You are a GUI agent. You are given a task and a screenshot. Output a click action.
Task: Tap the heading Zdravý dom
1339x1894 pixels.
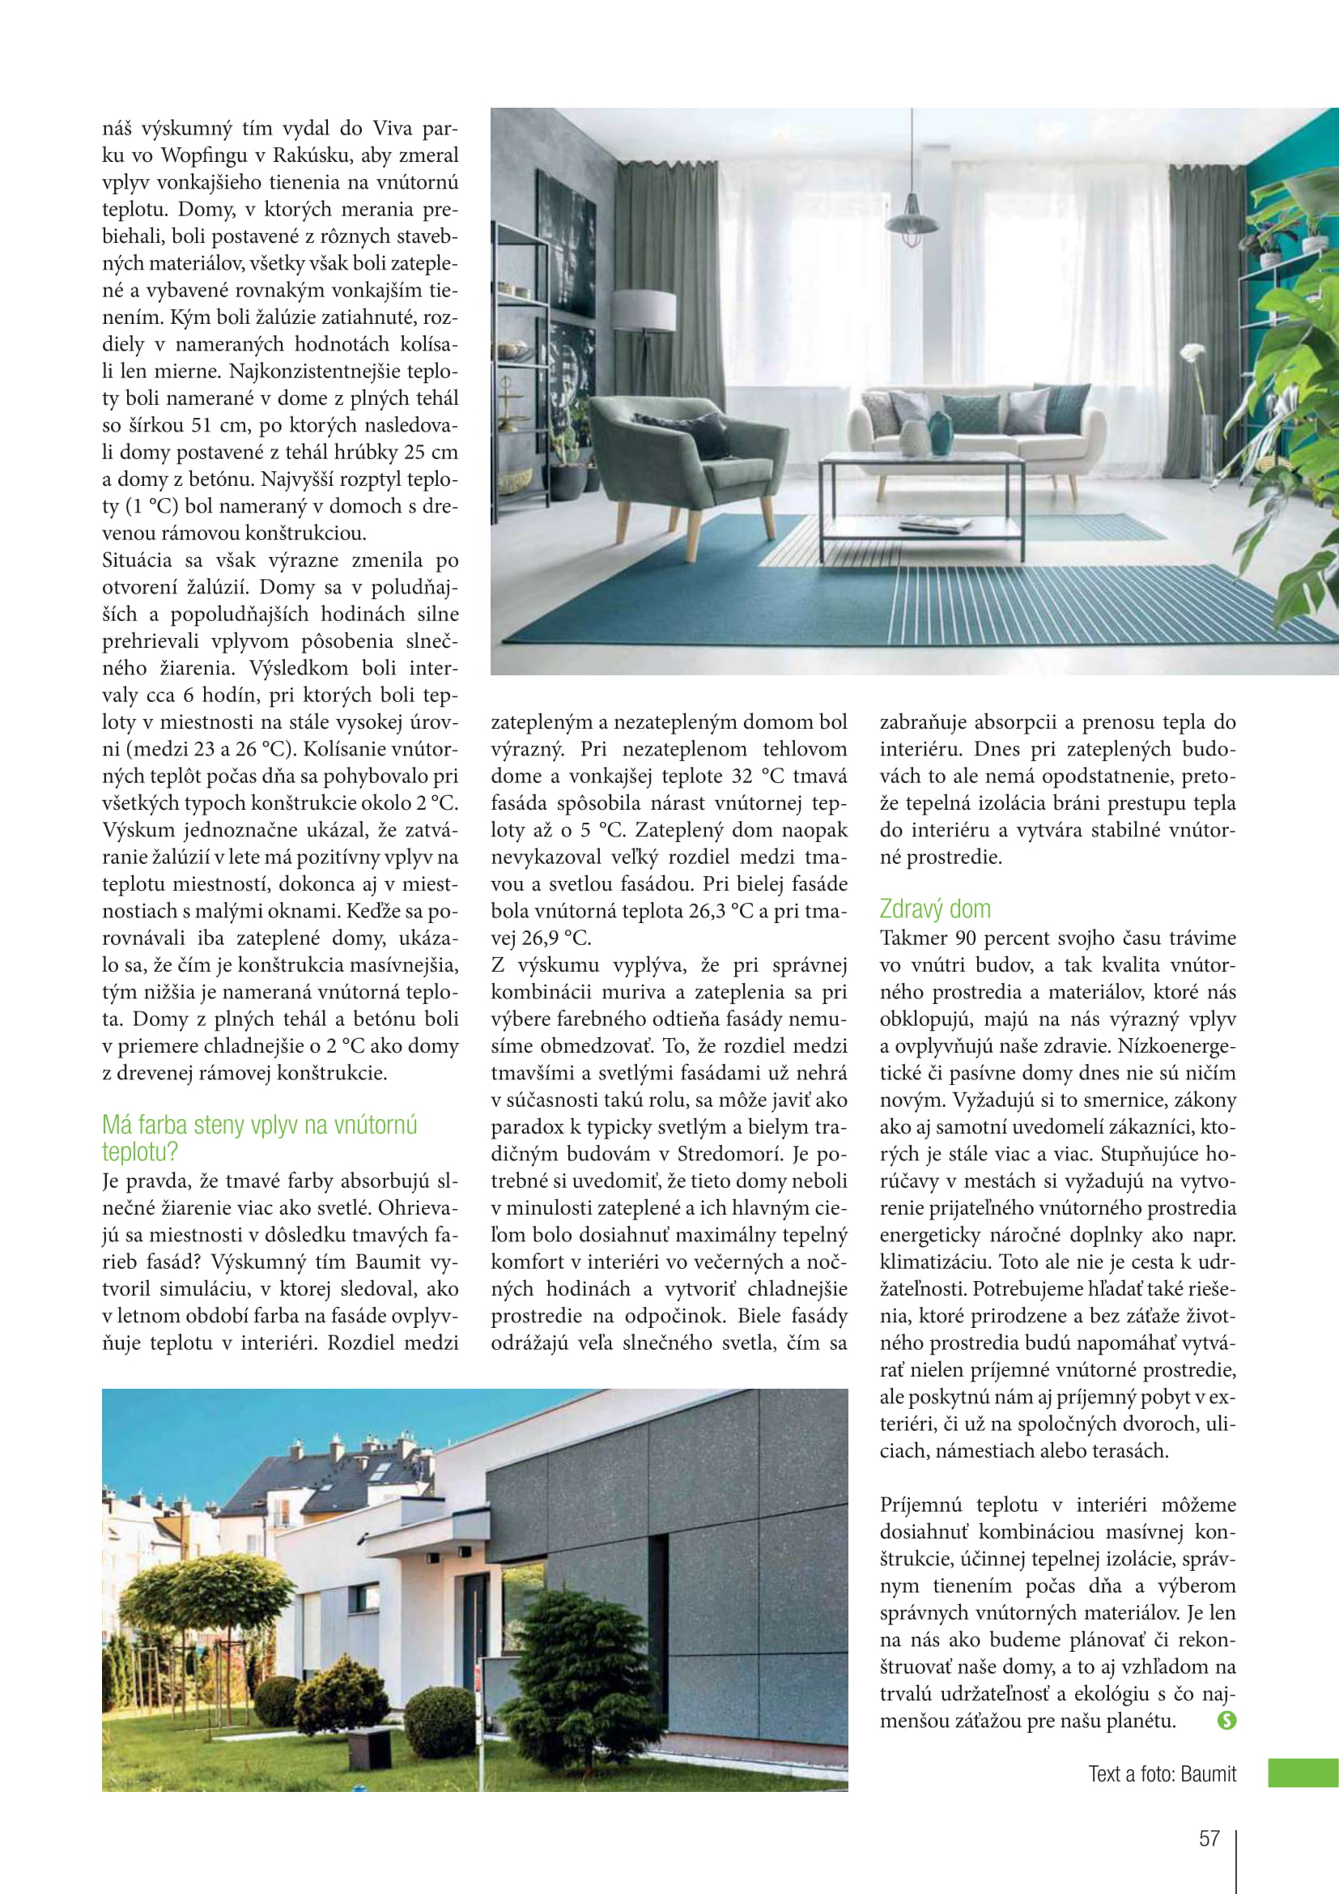[x=934, y=909]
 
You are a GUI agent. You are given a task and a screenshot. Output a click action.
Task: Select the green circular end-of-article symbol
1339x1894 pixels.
[x=1226, y=1720]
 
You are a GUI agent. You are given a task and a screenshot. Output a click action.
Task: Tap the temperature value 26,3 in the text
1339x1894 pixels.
[x=699, y=911]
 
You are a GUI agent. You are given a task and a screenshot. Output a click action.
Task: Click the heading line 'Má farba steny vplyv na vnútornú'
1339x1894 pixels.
[x=260, y=1125]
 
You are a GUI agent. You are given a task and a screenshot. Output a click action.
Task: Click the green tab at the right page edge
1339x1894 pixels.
[x=1303, y=1773]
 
